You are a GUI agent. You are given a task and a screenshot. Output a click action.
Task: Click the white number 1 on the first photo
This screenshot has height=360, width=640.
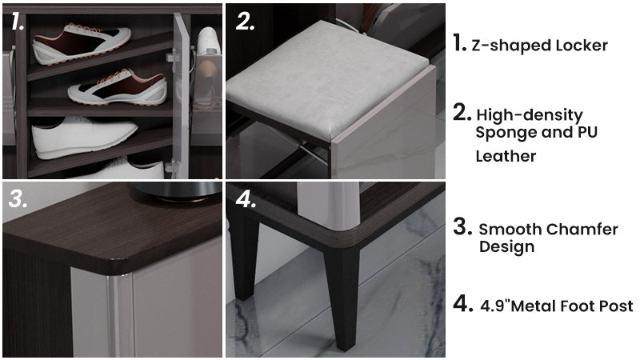(17, 22)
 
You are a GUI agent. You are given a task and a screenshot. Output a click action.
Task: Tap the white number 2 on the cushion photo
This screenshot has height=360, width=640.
(245, 22)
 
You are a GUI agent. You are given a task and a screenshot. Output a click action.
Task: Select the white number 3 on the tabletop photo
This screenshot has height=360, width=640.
(18, 198)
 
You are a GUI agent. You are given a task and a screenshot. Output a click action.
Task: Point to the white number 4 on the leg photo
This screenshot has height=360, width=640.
(246, 198)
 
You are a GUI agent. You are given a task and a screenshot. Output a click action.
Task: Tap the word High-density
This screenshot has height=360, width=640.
(530, 115)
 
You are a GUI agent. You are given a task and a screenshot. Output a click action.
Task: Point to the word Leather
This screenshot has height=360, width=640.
(506, 156)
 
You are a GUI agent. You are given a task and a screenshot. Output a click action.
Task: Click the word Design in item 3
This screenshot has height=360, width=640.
(506, 247)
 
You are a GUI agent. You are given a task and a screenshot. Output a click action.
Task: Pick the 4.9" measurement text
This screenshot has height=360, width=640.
(494, 306)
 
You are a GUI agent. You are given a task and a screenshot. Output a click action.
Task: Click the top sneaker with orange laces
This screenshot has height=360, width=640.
(82, 43)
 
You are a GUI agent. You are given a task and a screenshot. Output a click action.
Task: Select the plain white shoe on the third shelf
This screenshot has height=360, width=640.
(85, 138)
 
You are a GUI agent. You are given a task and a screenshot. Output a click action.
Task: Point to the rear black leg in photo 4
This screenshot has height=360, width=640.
(244, 257)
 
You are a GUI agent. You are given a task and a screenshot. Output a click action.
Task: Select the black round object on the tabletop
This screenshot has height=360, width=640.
(177, 191)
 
